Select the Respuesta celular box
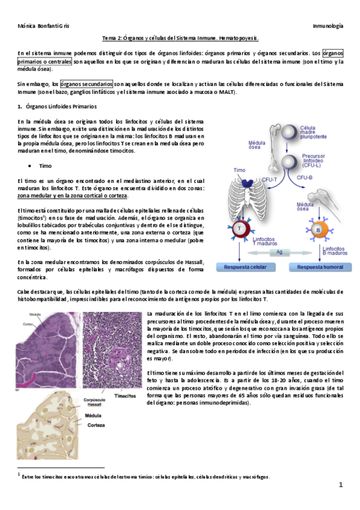click(x=246, y=266)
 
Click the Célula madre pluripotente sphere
click(x=291, y=132)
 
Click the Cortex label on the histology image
click(x=28, y=323)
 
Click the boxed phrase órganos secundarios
click(x=86, y=84)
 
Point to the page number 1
click(x=340, y=485)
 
